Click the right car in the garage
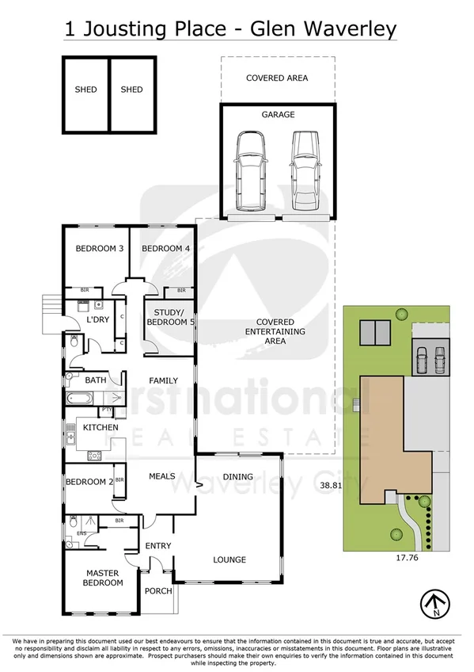(x=305, y=167)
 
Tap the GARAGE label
(x=278, y=115)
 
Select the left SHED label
(x=85, y=90)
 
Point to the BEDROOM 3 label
(x=99, y=249)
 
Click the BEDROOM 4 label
(x=165, y=249)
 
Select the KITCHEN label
(x=100, y=428)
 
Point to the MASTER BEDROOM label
(x=104, y=578)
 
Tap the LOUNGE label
(x=229, y=559)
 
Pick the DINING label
(x=237, y=477)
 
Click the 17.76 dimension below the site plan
(x=405, y=558)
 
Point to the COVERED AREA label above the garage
(x=277, y=78)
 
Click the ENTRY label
(x=158, y=545)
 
